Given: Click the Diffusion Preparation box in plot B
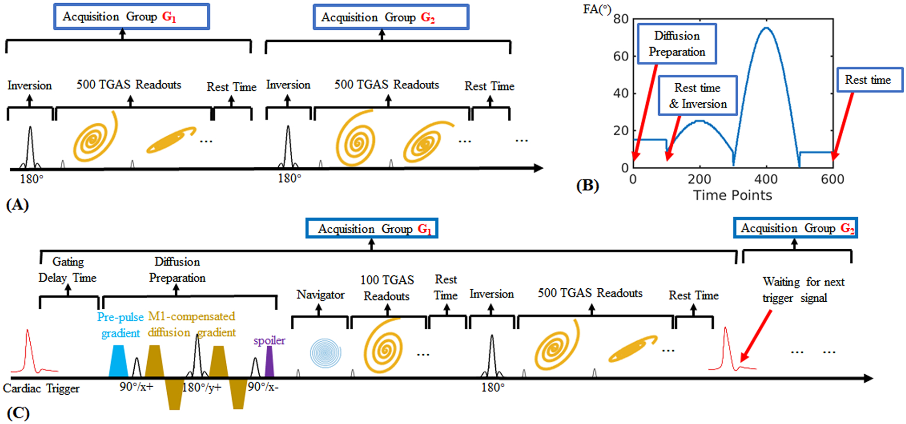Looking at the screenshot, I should tap(676, 44).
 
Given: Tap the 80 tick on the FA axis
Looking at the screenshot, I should tap(621, 20).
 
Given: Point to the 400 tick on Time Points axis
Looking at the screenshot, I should tap(766, 179).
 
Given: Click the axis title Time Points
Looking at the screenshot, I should tap(732, 195).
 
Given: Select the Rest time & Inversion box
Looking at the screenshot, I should tap(697, 96).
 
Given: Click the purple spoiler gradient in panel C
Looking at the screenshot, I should tap(269, 362).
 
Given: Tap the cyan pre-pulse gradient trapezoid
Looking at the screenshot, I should tap(118, 361).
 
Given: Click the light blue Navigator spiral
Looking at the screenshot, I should tap(325, 353).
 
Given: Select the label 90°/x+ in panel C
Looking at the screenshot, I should tap(136, 387).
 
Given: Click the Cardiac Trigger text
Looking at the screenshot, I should tap(41, 389).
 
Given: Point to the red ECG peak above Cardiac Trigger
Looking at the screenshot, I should tap(28, 331).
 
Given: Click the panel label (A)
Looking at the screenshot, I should tap(18, 205).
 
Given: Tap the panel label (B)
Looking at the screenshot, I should tap(587, 185).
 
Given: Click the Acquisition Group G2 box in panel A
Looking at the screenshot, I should tap(390, 18).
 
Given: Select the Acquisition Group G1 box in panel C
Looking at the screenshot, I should tap(371, 229).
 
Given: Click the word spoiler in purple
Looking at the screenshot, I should tap(269, 340).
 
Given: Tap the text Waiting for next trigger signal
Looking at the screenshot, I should tap(802, 290).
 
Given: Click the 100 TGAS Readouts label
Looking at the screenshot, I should tap(387, 288).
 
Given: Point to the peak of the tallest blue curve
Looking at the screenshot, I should tap(766, 28).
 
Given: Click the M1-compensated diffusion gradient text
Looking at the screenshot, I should tap(191, 324).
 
